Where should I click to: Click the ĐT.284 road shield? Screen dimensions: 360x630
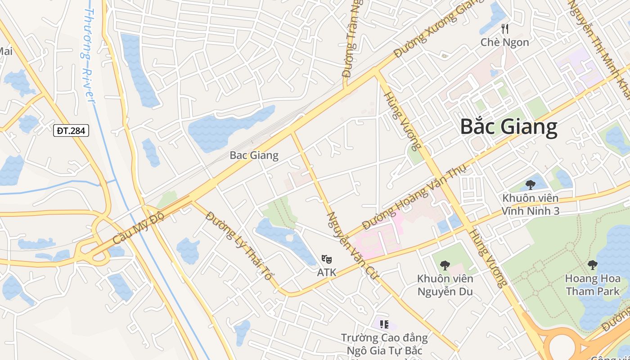coord(71,131)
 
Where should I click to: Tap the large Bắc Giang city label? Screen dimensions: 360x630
coord(508,127)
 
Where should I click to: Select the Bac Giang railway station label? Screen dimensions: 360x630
coord(254,156)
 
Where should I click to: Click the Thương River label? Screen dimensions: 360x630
coord(88,54)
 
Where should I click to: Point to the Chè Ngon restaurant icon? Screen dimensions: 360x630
coord(505,29)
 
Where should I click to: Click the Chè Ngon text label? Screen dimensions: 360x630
coord(505,43)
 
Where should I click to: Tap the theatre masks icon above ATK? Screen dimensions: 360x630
coord(327,259)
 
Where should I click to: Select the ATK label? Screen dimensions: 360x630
coord(327,273)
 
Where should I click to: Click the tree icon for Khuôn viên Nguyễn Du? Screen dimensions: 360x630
coord(445,265)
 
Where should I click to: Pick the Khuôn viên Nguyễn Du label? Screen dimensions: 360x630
coord(445,285)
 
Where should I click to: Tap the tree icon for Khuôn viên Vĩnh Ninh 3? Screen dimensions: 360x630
coord(531,184)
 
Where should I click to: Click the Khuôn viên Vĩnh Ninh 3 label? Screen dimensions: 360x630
coord(531,204)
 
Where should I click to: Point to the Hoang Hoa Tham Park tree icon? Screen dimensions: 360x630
coord(592,265)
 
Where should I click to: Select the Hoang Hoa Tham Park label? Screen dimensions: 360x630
coord(592,285)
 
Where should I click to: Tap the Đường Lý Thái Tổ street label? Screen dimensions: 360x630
coord(238,245)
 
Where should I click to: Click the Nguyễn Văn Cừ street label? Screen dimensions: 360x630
coord(352,245)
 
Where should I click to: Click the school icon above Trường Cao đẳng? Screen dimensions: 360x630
coord(384,324)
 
